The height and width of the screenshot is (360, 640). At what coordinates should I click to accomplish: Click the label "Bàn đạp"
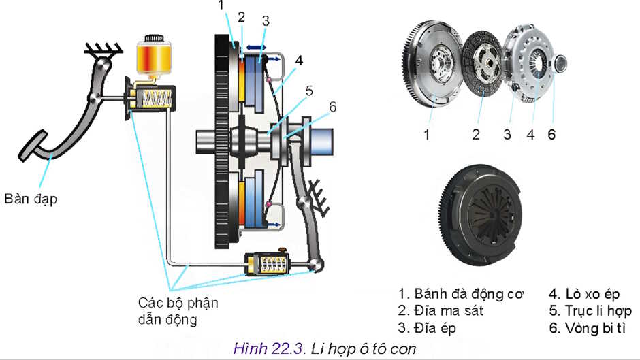29,199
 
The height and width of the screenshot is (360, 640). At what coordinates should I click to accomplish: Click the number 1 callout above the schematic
221,6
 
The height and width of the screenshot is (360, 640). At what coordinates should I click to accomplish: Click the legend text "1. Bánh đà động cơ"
461,294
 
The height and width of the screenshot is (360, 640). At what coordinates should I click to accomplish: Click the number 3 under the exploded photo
507,134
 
